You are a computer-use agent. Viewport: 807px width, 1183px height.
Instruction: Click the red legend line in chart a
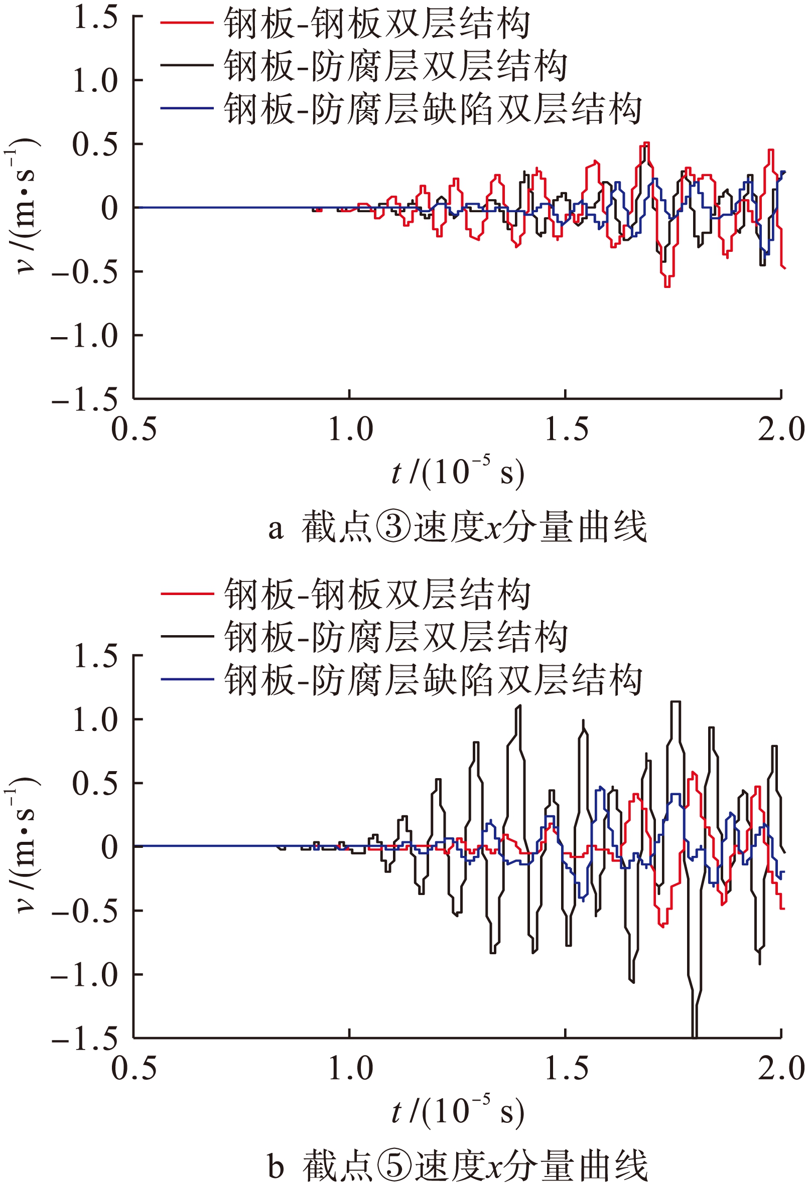186,23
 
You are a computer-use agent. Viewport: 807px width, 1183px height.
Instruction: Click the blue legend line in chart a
186,108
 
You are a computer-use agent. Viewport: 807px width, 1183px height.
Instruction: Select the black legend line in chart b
186,636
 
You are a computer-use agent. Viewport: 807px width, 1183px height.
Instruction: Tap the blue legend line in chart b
186,679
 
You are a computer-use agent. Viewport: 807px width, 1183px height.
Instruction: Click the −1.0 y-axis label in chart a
84,336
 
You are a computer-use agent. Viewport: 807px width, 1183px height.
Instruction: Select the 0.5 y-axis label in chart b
96,783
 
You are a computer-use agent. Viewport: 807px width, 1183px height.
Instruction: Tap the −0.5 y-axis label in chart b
84,911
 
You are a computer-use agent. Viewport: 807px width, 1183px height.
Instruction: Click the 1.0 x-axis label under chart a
350,429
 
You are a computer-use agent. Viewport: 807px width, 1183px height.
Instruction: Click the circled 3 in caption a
393,527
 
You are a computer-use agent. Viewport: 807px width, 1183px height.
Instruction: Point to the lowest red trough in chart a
667,286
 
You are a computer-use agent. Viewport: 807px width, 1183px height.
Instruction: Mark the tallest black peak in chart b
675,702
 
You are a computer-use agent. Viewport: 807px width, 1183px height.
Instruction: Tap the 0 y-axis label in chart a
109,208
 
